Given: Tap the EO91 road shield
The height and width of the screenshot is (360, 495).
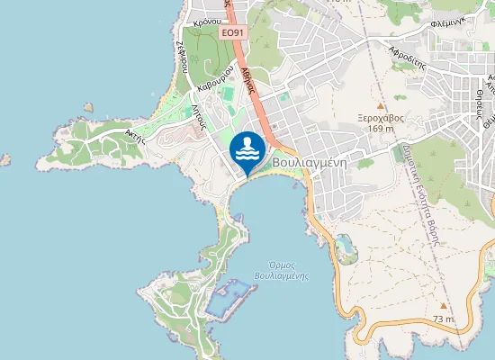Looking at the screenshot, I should point(232,33).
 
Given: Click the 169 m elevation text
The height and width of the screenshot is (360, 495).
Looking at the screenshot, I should point(381,128).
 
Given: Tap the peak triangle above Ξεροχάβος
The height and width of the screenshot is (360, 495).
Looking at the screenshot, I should point(380,104).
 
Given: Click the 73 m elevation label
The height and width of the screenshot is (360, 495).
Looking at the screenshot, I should point(443,319).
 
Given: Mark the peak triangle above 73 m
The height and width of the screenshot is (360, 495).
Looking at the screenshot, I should point(443,306).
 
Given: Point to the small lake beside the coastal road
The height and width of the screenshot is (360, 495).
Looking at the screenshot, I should point(342,243).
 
